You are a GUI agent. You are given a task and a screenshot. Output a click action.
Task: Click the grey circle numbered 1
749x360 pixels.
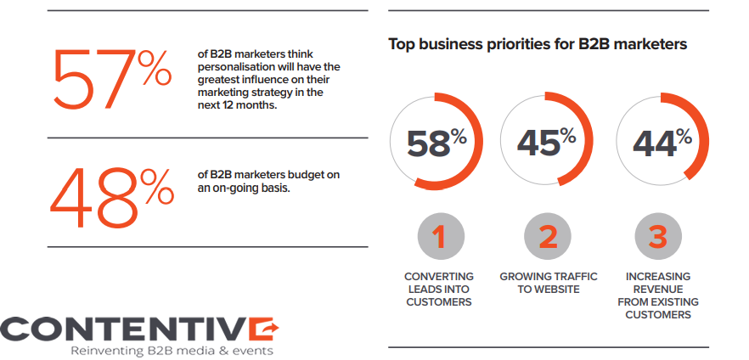point(439,236)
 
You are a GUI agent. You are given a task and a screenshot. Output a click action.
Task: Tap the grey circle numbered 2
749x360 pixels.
point(548,236)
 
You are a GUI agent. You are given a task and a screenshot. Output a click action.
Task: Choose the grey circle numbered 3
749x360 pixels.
point(657,236)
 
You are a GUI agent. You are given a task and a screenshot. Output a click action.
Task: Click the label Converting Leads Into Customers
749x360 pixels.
point(439,290)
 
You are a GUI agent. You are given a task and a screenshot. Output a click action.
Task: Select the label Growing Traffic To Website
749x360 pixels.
point(548,283)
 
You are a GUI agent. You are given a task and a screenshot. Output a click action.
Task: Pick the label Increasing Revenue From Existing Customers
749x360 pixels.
point(657,295)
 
